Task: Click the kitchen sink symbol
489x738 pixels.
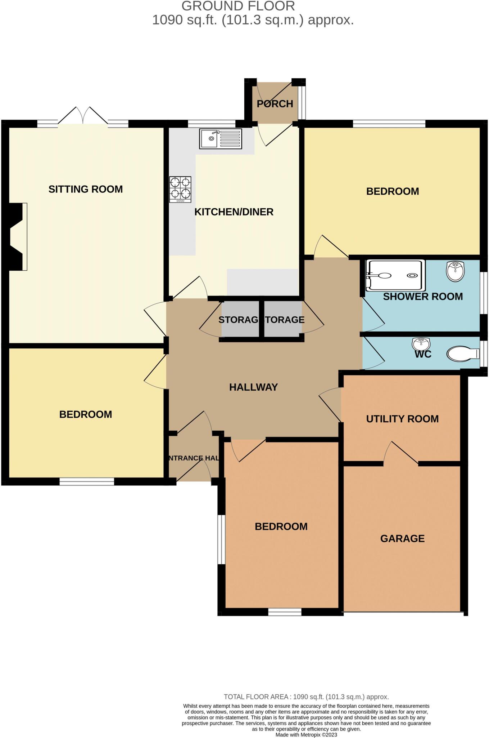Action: pyautogui.click(x=221, y=139)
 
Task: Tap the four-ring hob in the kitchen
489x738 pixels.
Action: pyautogui.click(x=180, y=189)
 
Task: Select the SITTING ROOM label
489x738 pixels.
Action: pyautogui.click(x=86, y=189)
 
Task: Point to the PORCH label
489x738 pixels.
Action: pyautogui.click(x=275, y=104)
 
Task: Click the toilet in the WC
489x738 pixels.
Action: pyautogui.click(x=462, y=354)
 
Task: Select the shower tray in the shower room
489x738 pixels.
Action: pyautogui.click(x=395, y=276)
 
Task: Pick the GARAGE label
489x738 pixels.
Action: pyautogui.click(x=402, y=538)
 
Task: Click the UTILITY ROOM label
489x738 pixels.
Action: pyautogui.click(x=402, y=419)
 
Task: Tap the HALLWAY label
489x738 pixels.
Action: pyautogui.click(x=253, y=387)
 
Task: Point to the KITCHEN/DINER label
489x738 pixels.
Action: pyautogui.click(x=234, y=212)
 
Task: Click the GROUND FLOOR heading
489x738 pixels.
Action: pyautogui.click(x=238, y=6)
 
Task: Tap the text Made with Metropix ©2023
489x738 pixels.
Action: pyautogui.click(x=306, y=734)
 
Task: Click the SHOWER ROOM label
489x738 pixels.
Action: pyautogui.click(x=423, y=297)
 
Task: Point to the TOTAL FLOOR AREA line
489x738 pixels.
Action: pyautogui.click(x=306, y=697)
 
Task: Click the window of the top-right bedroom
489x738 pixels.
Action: pyautogui.click(x=389, y=124)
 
